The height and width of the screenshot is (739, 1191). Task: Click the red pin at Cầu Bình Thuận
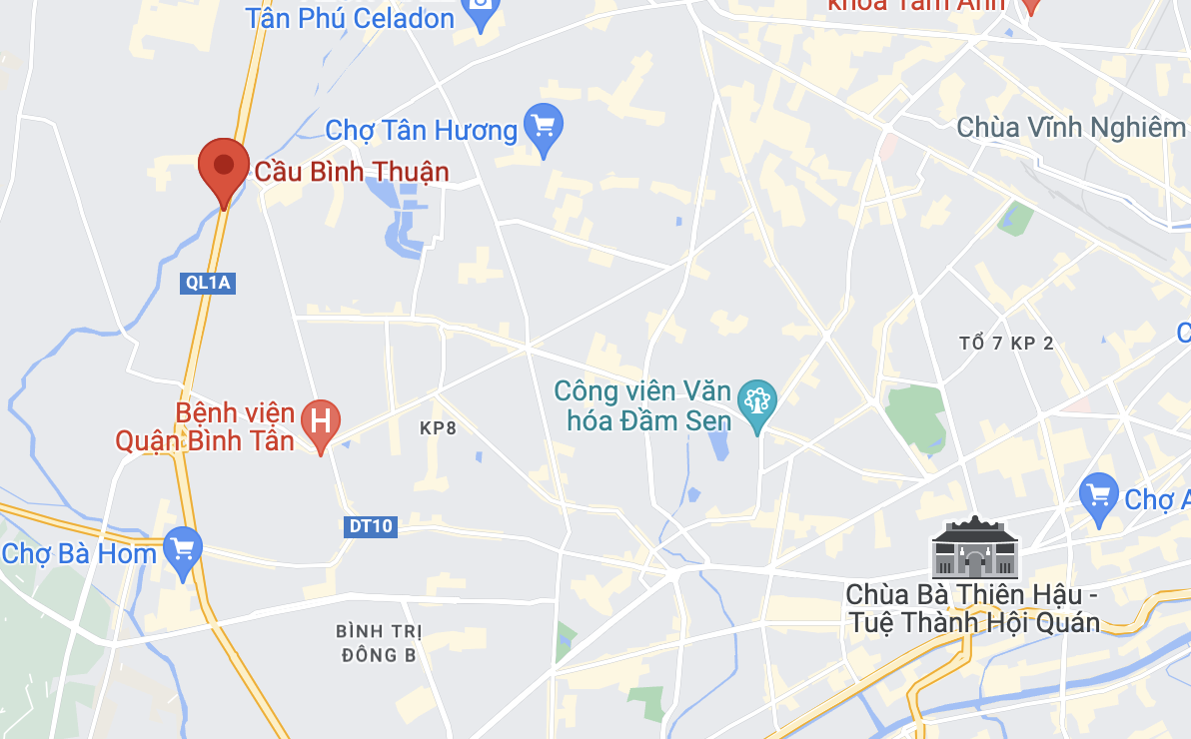click(224, 169)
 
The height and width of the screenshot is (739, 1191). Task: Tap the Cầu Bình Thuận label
click(352, 172)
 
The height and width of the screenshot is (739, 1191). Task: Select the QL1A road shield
click(208, 283)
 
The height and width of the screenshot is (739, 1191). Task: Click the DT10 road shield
click(370, 526)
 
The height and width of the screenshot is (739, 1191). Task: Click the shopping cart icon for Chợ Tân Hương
click(544, 127)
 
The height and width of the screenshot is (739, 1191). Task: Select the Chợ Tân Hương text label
click(422, 130)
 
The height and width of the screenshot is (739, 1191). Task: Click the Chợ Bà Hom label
click(79, 553)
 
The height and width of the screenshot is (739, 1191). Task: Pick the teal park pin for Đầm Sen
click(757, 403)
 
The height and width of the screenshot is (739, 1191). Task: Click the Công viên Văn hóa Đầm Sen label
click(642, 404)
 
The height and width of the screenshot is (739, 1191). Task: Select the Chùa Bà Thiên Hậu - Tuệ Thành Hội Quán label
click(972, 608)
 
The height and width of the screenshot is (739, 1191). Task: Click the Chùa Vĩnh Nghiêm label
click(1070, 127)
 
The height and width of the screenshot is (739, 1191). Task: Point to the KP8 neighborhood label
click(438, 427)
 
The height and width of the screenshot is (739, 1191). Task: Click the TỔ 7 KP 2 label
click(1005, 344)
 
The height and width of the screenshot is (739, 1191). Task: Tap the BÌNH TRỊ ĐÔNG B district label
click(379, 643)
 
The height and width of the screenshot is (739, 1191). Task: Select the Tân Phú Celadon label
click(350, 17)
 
